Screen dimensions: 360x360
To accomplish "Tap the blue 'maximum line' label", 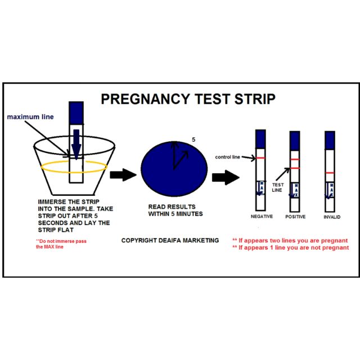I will coord(30,117).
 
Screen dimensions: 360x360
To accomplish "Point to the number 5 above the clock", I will coord(193,138).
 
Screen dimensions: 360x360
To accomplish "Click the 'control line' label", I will coord(228,157).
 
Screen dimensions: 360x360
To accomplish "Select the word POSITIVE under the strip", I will coord(295,217).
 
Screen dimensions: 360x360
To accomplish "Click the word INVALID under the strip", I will coord(332,216).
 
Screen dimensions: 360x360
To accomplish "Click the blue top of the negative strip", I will coord(260,139).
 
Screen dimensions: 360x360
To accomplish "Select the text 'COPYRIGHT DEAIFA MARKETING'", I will coord(170,240).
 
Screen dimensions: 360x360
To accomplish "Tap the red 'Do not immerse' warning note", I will coord(57,244).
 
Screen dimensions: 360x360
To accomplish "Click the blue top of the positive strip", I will coord(295,139).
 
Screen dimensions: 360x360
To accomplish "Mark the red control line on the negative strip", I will coord(260,158).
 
